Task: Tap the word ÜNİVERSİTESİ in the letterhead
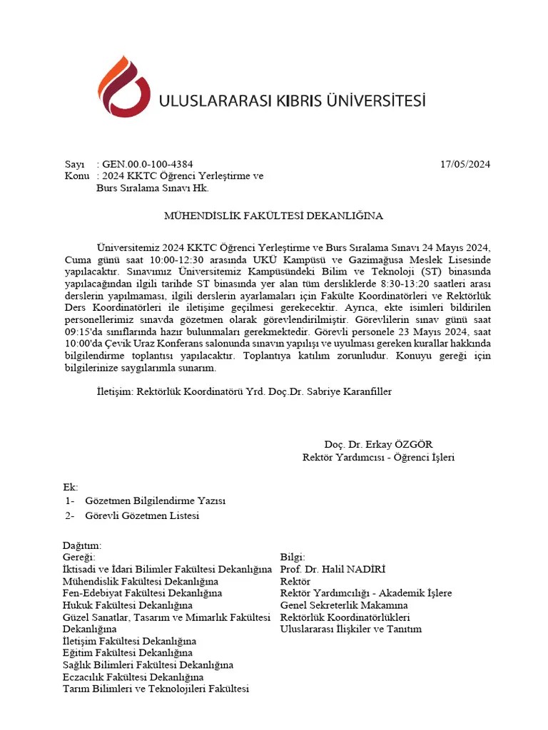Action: [x=372, y=101]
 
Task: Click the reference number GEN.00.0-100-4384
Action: [x=148, y=164]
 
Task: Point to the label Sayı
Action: [x=74, y=164]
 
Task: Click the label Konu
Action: [x=76, y=176]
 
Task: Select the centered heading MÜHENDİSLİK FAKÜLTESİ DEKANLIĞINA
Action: [x=274, y=215]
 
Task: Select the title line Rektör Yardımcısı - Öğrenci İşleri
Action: [x=378, y=457]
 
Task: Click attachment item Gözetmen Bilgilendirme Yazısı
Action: [x=155, y=501]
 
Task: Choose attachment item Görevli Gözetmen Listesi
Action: [x=142, y=515]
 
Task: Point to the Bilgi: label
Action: [x=293, y=557]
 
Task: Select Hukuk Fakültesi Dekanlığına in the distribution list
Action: [x=123, y=605]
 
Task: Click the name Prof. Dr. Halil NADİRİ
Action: [x=333, y=569]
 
